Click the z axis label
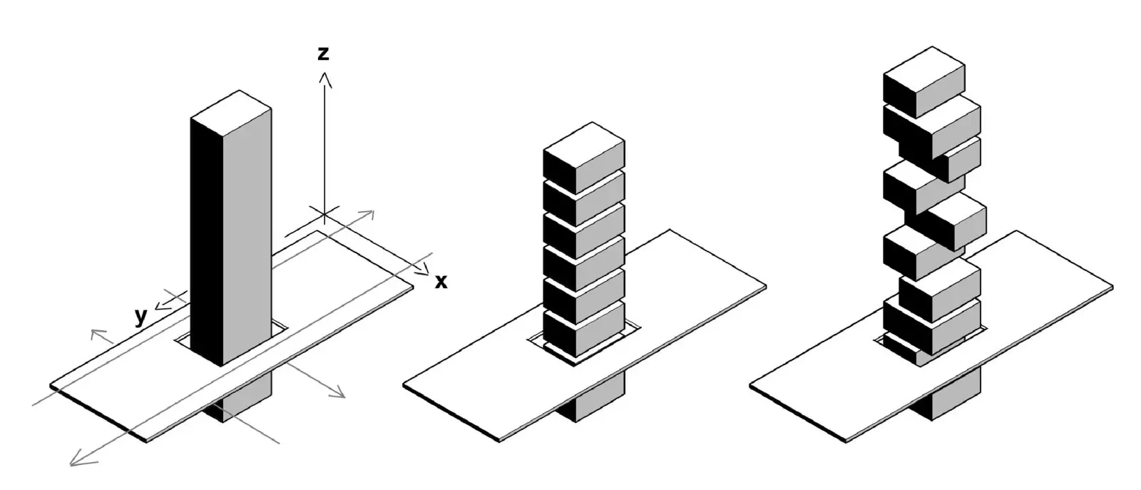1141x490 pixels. pos(324,53)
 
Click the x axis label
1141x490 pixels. pos(441,282)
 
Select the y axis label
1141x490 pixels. pos(141,316)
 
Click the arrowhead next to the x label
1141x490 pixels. pos(425,270)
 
